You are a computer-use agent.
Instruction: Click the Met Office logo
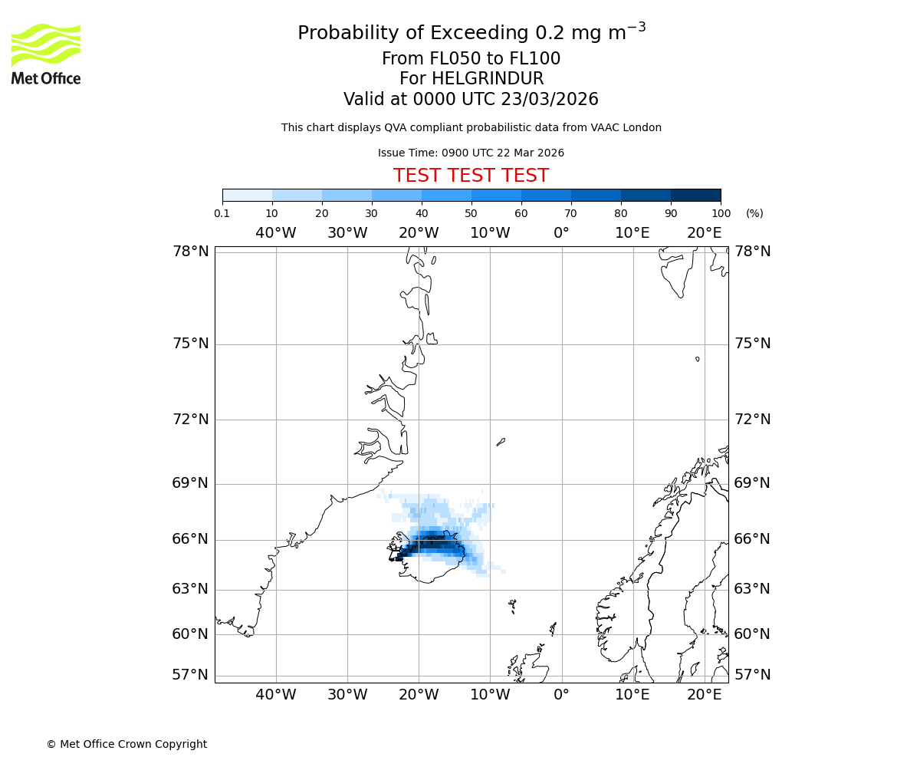click(46, 54)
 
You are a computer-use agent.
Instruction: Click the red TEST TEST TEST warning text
click(471, 176)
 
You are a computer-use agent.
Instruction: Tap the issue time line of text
click(471, 153)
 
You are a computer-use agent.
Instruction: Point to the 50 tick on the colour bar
click(472, 213)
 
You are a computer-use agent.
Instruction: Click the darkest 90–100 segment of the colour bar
click(695, 195)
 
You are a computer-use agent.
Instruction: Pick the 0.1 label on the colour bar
click(222, 213)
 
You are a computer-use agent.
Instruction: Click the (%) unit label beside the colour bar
click(754, 213)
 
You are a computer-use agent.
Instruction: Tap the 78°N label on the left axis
click(190, 252)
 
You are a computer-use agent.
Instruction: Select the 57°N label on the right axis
click(753, 675)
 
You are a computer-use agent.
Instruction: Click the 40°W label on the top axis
click(276, 233)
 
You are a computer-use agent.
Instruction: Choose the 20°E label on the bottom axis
click(705, 695)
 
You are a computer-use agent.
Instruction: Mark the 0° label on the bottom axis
click(561, 695)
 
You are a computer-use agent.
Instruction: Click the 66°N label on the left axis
click(190, 539)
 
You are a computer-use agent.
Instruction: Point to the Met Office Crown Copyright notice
click(127, 745)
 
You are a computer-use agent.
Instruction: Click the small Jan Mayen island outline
click(501, 442)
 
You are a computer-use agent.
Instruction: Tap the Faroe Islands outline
click(512, 606)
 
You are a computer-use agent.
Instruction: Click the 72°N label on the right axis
click(753, 420)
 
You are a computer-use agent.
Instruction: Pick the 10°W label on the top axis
click(490, 233)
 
